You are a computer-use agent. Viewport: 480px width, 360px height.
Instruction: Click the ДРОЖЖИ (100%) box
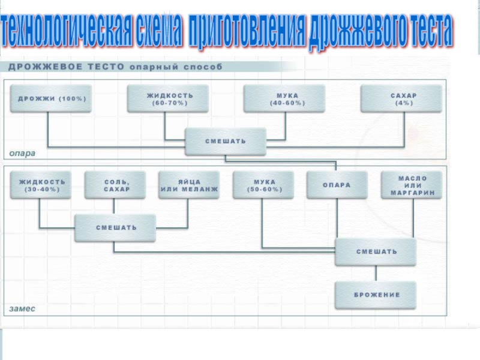51,98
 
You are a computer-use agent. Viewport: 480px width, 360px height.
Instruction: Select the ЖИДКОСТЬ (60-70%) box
168,98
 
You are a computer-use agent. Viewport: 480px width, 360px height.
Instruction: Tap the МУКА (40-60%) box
284,98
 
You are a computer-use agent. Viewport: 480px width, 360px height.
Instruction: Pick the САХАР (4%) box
401,98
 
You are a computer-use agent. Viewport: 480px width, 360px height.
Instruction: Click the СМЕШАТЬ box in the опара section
226,142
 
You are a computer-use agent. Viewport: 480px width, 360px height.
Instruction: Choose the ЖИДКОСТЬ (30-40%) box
41,185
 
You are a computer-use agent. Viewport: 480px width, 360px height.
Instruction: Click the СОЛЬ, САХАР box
115,185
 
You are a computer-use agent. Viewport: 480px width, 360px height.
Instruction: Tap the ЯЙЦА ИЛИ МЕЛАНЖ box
189,185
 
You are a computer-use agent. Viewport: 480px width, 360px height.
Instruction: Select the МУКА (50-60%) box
263,185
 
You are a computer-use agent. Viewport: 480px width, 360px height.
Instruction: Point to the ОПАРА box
337,185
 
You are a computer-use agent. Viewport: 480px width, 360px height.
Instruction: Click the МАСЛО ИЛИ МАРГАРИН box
412,185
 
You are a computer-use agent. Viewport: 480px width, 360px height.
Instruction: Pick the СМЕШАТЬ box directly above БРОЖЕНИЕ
376,252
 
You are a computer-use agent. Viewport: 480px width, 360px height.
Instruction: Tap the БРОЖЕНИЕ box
376,295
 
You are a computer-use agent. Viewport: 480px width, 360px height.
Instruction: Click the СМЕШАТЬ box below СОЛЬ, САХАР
115,228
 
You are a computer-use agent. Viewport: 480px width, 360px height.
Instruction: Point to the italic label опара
22,153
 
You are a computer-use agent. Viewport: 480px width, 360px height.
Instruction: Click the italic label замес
22,308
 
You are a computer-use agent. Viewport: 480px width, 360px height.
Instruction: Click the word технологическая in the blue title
67,31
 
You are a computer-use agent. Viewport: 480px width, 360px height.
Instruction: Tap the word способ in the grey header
203,67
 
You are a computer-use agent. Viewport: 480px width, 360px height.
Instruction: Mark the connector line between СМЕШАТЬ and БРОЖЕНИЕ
376,274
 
